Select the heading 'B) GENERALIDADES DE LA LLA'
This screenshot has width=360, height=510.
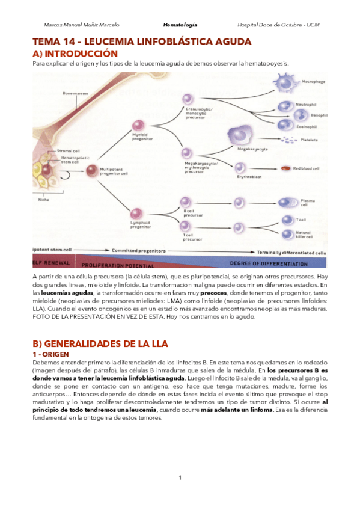pyautogui.click(x=100, y=344)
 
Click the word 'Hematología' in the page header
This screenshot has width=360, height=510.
pyautogui.click(x=180, y=25)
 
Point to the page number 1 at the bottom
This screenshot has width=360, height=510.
pyautogui.click(x=180, y=478)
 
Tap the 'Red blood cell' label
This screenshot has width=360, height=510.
pyautogui.click(x=308, y=168)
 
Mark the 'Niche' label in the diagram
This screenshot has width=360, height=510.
pyautogui.click(x=43, y=199)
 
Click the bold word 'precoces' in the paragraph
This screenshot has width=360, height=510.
pyautogui.click(x=213, y=292)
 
